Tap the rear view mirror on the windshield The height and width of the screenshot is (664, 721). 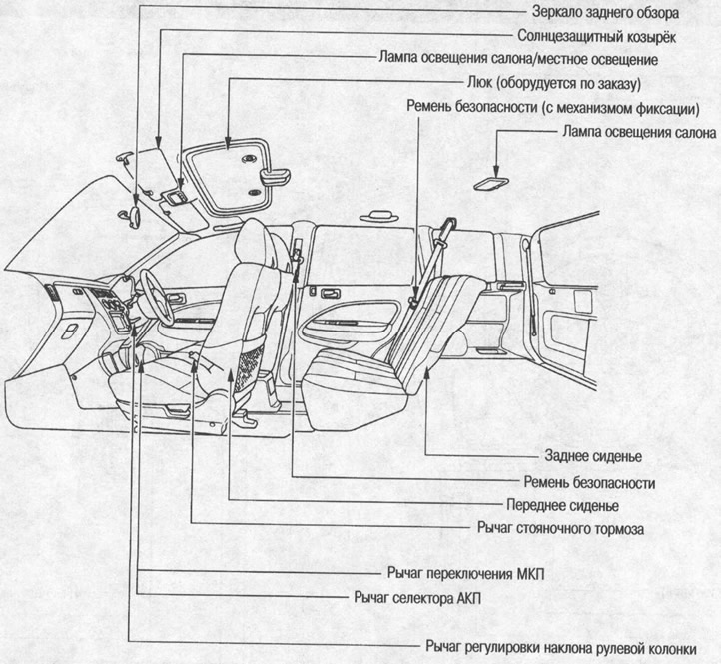coord(135,212)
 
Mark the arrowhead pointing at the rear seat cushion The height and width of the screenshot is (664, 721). coord(427,371)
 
